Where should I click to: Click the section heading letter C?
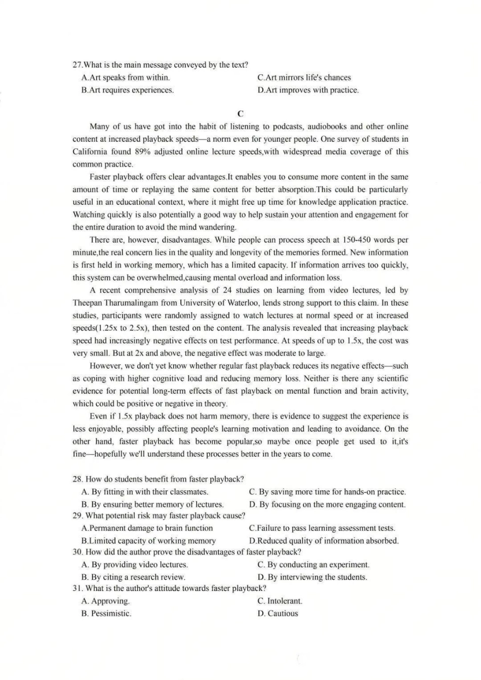click(240, 114)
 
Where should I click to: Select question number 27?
click(77, 65)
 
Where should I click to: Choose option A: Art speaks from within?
click(126, 77)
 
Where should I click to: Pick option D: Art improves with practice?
click(308, 90)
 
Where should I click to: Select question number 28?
click(78, 479)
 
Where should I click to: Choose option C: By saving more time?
click(327, 492)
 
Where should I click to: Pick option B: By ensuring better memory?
click(152, 504)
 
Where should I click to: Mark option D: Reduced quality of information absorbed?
click(324, 541)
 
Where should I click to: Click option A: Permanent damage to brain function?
click(147, 528)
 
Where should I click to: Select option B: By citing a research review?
click(133, 577)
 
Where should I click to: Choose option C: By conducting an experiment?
click(313, 565)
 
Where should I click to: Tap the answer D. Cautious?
click(277, 614)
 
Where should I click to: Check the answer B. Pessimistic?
click(106, 614)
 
